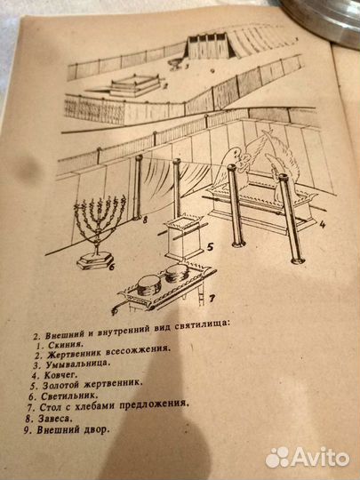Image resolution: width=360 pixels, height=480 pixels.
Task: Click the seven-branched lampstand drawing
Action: [x=99, y=233]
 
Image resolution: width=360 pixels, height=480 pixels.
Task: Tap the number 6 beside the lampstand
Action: [x=112, y=267]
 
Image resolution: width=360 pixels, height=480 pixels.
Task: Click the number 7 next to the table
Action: [x=212, y=299]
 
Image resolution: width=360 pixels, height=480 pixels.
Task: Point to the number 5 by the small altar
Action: [x=210, y=247]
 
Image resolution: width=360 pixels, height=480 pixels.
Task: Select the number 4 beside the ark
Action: [x=322, y=225]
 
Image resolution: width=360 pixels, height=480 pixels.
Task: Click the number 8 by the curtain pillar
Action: [x=145, y=220]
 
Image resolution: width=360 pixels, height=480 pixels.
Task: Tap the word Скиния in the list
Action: [x=66, y=344]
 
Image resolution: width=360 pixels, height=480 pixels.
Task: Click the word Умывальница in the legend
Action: [x=77, y=364]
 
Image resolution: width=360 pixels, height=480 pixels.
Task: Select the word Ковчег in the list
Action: [x=61, y=374]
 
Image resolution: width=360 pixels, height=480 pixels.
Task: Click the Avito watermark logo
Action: [x=308, y=458]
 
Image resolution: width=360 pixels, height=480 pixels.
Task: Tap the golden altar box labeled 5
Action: [x=184, y=237]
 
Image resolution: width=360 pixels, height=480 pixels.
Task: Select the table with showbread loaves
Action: [x=165, y=288]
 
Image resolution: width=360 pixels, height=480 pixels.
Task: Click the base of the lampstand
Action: [x=95, y=260]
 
